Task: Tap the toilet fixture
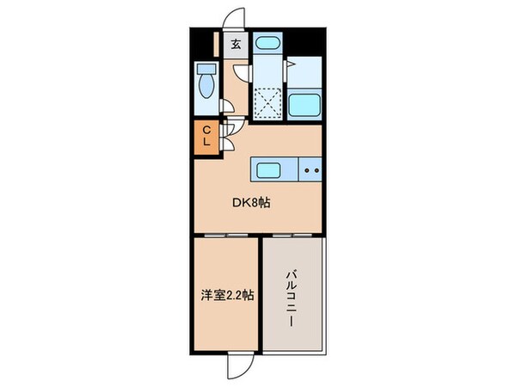(206, 83)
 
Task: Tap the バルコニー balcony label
(292, 297)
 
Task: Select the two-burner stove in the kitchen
(310, 170)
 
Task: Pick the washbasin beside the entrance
(269, 46)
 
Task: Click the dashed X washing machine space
(268, 102)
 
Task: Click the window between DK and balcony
(293, 235)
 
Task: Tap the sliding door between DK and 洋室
(225, 235)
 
